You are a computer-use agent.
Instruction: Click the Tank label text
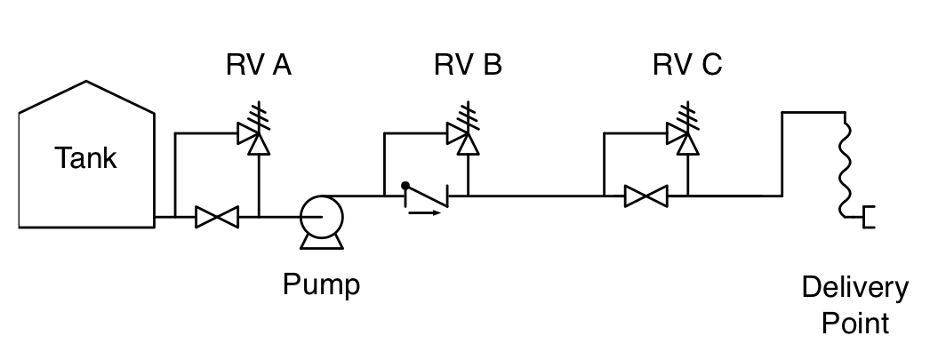click(85, 159)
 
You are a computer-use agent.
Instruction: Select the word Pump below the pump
click(322, 285)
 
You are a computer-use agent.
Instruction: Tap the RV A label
click(258, 67)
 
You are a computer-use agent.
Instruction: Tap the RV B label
click(468, 67)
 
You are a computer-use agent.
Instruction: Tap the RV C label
click(686, 67)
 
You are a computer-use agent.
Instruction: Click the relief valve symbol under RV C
click(682, 137)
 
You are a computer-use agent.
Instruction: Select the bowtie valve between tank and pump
click(217, 216)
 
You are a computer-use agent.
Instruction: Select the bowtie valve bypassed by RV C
click(645, 196)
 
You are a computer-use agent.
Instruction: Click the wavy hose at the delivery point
click(845, 164)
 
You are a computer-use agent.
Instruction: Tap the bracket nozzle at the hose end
click(869, 216)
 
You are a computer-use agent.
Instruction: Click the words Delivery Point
click(854, 304)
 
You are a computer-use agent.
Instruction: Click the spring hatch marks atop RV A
click(259, 114)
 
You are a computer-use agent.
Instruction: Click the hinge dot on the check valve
click(405, 186)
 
